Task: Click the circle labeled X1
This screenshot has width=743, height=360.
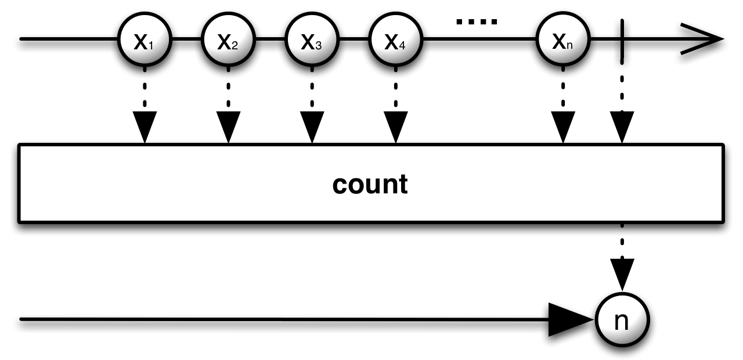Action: [144, 40]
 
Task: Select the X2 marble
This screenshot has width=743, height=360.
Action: [228, 40]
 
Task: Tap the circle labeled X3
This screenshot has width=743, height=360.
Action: [312, 40]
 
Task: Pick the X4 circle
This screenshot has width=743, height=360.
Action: [395, 40]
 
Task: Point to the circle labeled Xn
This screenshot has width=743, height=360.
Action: [562, 40]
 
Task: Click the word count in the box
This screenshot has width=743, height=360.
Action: [370, 184]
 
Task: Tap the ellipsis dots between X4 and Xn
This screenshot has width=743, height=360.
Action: [477, 22]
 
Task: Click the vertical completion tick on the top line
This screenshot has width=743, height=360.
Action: [622, 39]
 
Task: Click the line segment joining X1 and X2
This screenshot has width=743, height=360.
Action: [186, 39]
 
